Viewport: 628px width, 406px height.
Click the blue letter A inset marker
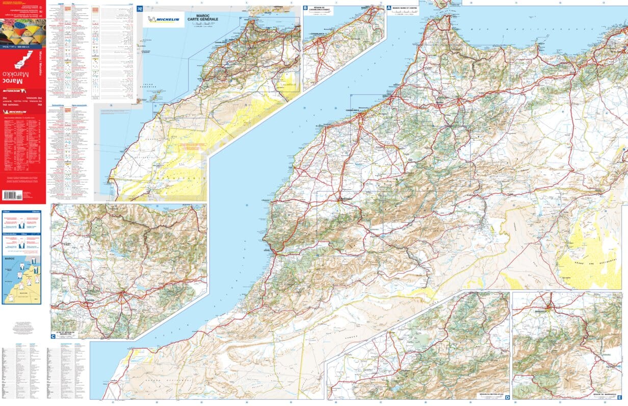pyautogui.click(x=389, y=8)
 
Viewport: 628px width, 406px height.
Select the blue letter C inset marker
pyautogui.click(x=53, y=336)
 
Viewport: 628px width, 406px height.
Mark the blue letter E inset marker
pyautogui.click(x=619, y=397)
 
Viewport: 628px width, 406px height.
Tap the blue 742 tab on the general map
pyautogui.click(x=140, y=9)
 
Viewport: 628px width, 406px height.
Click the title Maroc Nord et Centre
pyautogui.click(x=406, y=8)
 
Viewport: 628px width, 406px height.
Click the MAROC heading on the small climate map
pyautogui.click(x=10, y=259)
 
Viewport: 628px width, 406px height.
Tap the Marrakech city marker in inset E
pyautogui.click(x=549, y=308)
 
